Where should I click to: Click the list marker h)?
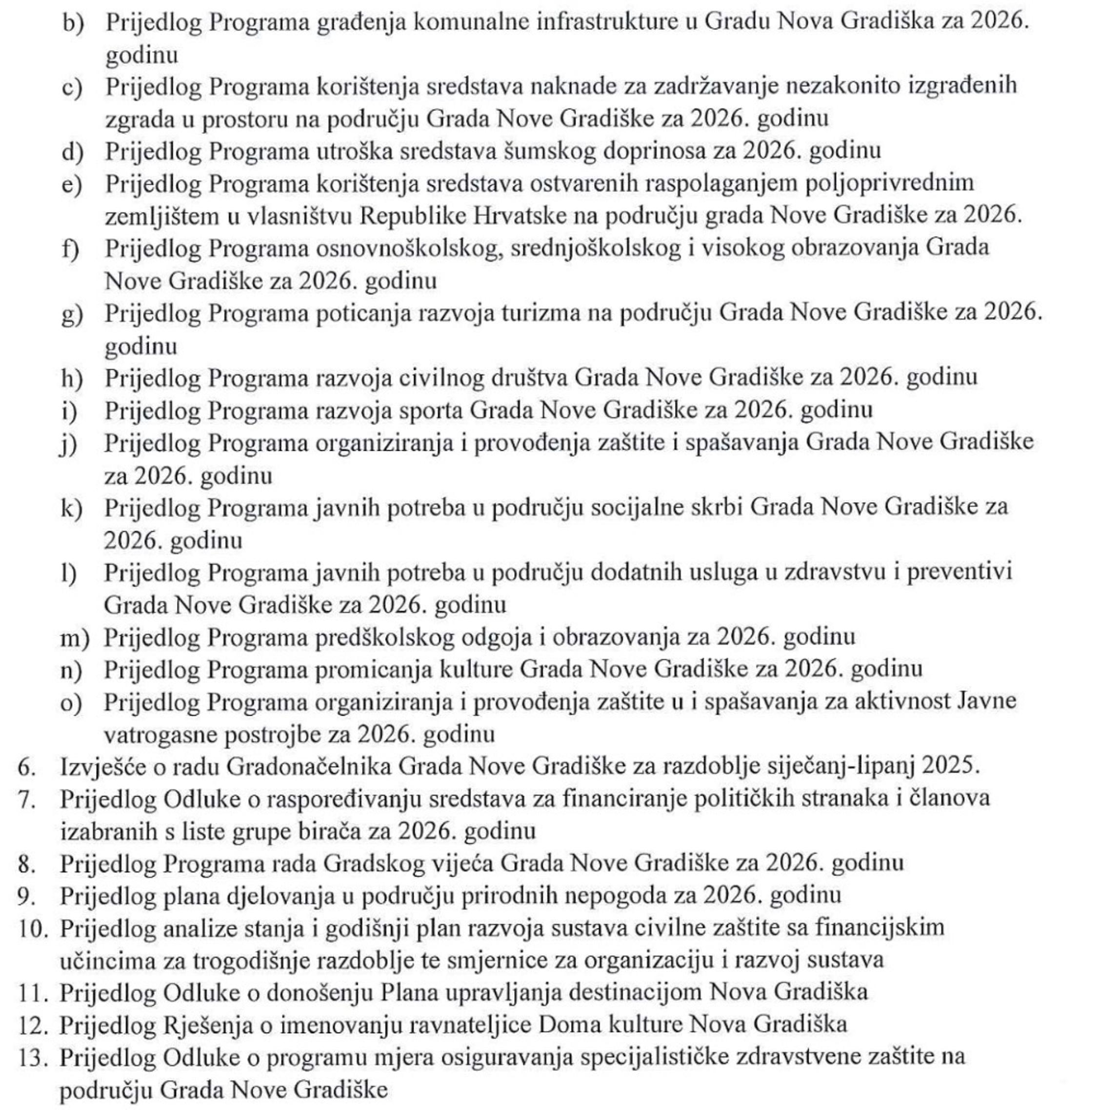pos(72,378)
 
